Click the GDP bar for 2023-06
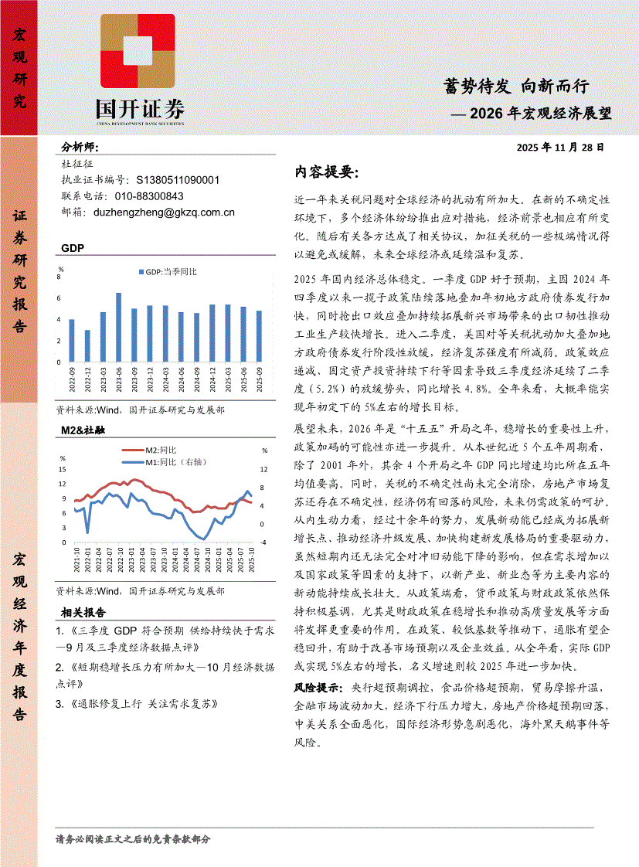(118, 327)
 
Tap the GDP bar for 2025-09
(259, 336)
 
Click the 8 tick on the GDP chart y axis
(59, 276)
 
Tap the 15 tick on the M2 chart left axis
(63, 470)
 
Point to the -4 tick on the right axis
(263, 542)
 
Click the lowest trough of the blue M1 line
(203, 539)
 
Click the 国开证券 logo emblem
(138, 52)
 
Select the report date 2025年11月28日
(560, 147)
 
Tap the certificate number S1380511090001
(177, 180)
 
